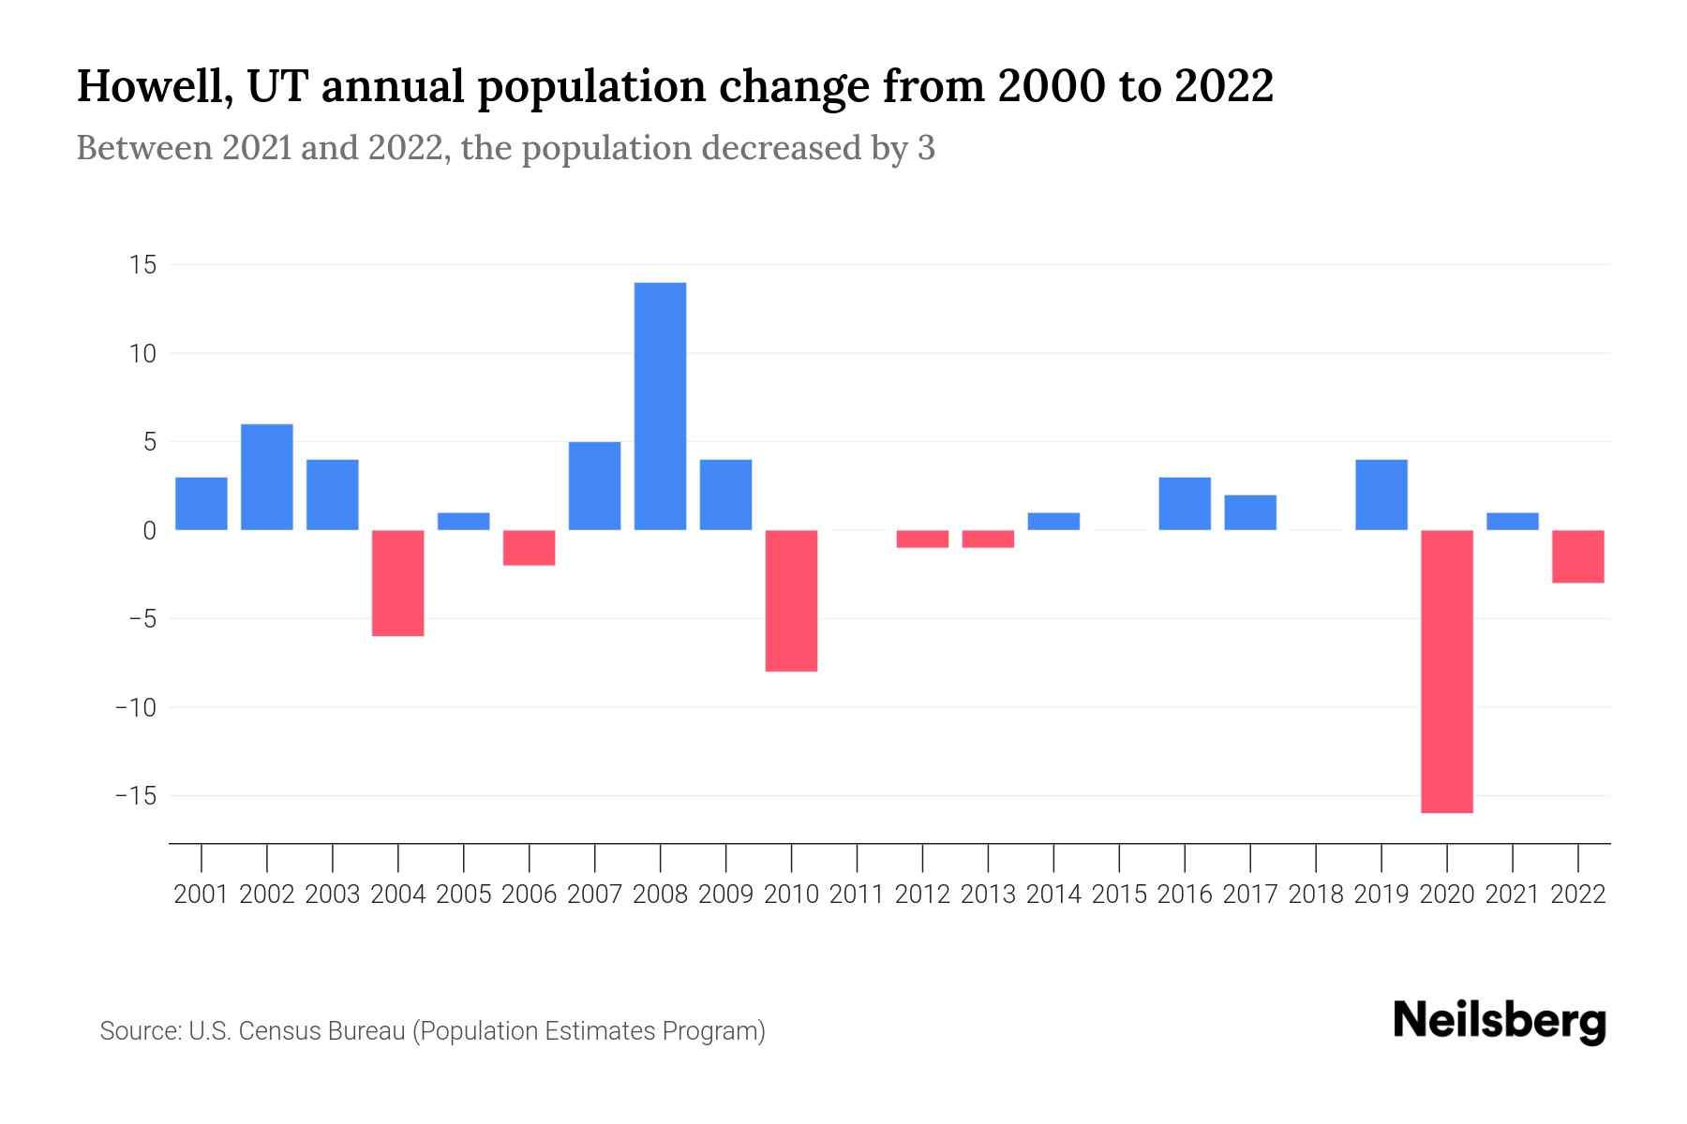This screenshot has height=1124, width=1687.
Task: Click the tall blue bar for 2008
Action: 660,407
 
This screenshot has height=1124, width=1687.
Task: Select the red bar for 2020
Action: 1447,671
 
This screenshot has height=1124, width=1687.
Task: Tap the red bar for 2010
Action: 791,600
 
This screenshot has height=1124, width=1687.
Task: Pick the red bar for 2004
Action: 398,583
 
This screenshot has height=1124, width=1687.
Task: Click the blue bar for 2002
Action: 267,477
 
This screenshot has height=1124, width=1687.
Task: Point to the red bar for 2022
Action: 1578,556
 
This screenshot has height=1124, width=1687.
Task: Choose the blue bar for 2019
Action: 1381,495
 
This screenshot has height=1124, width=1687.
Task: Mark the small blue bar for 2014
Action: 1053,521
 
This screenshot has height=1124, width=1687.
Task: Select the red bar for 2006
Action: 530,547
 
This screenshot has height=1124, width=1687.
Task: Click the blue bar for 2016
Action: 1185,504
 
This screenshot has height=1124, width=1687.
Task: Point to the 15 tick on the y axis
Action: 142,265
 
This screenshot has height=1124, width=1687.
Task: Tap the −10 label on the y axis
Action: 135,707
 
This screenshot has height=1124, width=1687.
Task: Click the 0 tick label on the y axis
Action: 149,531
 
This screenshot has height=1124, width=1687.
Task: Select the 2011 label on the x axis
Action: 857,895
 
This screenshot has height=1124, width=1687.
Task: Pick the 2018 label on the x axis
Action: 1316,895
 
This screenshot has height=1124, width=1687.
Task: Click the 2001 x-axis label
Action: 202,895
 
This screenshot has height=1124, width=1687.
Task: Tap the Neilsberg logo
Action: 1500,1021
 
